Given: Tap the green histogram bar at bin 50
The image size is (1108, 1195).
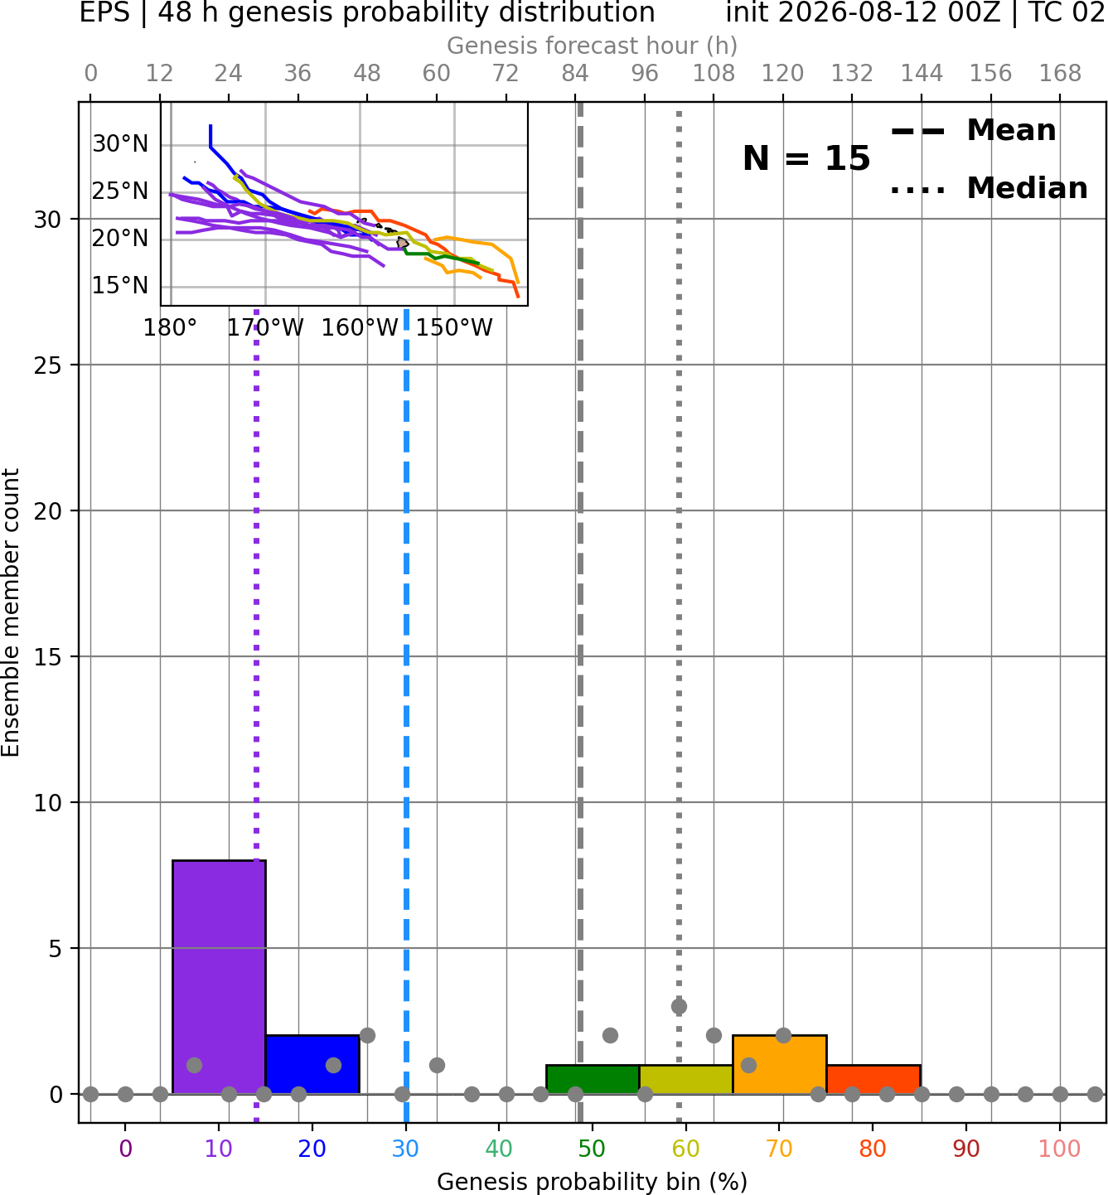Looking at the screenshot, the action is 593,1080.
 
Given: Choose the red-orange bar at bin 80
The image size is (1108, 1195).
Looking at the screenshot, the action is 873,1080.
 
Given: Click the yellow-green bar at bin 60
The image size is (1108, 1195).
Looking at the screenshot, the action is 686,1080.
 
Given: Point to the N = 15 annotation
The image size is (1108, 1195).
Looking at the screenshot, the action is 806,158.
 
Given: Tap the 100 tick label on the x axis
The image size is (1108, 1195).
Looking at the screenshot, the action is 1060,1149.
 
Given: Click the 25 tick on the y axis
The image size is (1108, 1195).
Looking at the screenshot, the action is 48,365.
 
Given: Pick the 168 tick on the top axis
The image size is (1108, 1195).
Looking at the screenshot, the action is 1060,74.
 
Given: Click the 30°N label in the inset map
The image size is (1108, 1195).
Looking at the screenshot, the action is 120,144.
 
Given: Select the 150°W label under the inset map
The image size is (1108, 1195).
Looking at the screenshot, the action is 454,328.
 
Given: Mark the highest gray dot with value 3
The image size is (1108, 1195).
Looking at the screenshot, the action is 679,1006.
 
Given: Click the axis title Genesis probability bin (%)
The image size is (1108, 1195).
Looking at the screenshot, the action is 593,1182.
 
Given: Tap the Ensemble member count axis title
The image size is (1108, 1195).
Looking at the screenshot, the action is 10,612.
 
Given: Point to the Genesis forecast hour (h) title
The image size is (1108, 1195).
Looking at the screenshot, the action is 593,46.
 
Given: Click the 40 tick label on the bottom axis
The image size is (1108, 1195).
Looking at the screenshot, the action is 499,1149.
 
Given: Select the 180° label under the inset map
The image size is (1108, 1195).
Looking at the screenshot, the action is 171,328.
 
